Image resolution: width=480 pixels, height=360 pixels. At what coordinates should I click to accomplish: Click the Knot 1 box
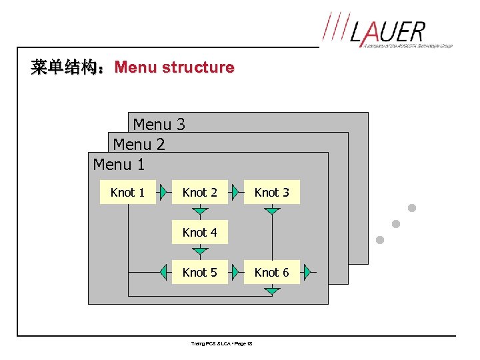(127, 192)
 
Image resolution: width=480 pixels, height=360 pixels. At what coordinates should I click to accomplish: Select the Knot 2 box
(199, 192)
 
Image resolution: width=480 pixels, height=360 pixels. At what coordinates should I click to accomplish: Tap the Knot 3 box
(271, 192)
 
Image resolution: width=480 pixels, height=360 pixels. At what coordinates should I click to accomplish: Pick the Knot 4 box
(199, 232)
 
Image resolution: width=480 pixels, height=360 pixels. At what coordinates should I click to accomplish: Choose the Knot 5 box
(199, 272)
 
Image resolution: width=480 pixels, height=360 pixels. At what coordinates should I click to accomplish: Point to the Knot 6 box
(271, 272)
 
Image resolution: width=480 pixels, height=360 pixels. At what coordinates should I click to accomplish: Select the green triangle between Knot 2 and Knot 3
(236, 192)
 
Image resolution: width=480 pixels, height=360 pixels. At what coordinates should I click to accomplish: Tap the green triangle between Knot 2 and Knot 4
(199, 211)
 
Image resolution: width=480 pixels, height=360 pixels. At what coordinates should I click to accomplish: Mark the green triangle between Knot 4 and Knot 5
(199, 251)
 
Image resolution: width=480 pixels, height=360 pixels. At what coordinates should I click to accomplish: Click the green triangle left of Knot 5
(164, 272)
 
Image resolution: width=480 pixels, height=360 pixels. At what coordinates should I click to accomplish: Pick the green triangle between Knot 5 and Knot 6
(236, 272)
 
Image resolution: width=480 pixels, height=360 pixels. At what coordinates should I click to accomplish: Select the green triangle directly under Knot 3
(271, 211)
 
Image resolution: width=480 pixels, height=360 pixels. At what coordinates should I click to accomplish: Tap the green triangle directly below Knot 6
(271, 291)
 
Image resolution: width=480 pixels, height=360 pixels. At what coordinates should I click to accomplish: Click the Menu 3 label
(159, 124)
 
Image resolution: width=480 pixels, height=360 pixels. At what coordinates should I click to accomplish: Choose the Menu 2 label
(139, 144)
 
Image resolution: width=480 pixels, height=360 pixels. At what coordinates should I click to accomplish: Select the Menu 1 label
(119, 163)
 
